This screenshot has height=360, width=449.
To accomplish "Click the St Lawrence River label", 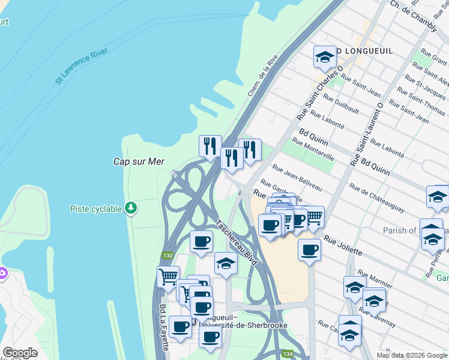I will click(x=81, y=66).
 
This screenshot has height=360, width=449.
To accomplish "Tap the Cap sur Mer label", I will click(x=139, y=161).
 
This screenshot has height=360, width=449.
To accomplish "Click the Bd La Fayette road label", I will click(x=163, y=328).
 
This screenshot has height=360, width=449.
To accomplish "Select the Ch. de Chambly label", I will click(x=414, y=11).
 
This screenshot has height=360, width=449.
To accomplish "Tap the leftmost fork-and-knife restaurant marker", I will click(x=209, y=145).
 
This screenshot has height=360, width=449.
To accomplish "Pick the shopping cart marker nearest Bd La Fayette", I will click(x=169, y=277).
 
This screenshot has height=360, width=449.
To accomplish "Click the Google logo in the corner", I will click(x=20, y=353).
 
